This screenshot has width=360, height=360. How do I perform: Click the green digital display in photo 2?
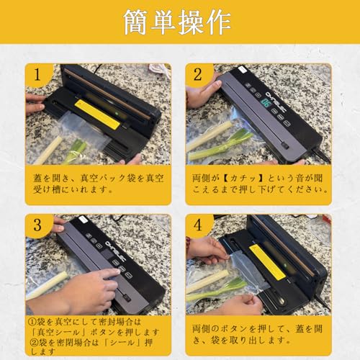266,103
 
